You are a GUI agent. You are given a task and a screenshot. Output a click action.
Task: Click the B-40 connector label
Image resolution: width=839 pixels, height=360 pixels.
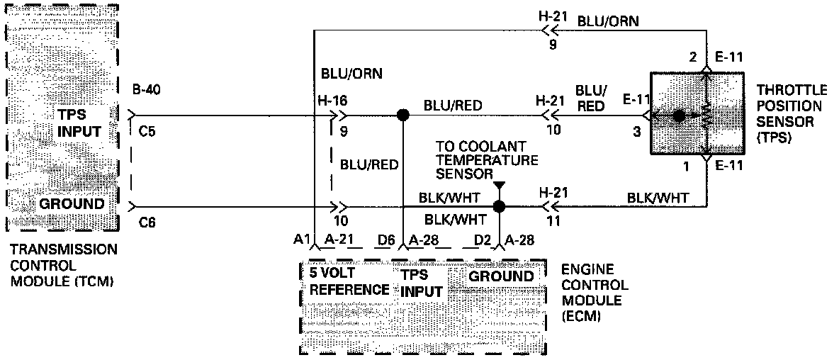pyautogui.click(x=146, y=90)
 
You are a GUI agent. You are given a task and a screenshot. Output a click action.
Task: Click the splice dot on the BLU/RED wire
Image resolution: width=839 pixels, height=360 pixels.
pyautogui.click(x=403, y=115)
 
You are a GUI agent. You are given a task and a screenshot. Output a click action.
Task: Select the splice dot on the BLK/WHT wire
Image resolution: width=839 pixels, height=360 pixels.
pyautogui.click(x=500, y=207)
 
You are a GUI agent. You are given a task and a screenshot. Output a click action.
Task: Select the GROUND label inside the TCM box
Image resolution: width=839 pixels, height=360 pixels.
pyautogui.click(x=72, y=204)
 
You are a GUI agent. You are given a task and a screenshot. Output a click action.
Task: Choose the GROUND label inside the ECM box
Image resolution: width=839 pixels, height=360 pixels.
pyautogui.click(x=502, y=276)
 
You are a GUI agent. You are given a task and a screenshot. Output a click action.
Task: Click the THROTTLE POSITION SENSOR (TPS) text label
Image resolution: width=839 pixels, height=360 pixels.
pyautogui.click(x=791, y=113)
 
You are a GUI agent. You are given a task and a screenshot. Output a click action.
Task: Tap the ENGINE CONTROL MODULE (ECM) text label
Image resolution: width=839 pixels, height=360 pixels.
pyautogui.click(x=594, y=293)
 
